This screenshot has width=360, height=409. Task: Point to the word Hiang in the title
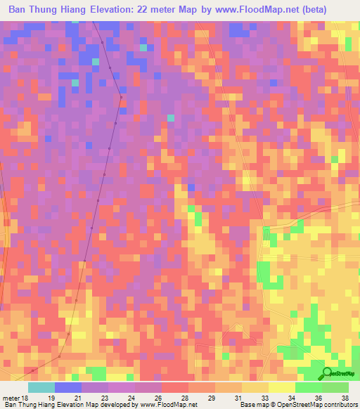tap(80, 11)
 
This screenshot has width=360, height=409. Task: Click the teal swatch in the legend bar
tap(41, 387)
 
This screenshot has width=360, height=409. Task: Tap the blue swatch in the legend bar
tap(68, 387)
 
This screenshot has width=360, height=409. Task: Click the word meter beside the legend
tap(11, 398)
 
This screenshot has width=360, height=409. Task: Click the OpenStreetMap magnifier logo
tap(328, 373)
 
